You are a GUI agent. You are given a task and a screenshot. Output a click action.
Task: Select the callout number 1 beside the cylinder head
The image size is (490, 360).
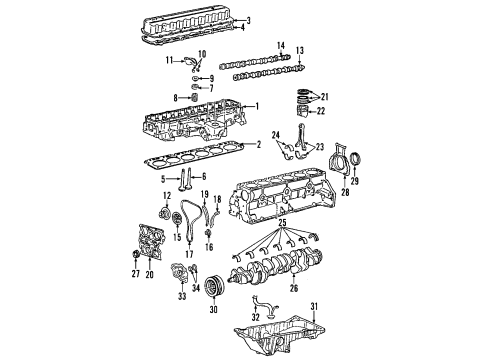click(x=256, y=107)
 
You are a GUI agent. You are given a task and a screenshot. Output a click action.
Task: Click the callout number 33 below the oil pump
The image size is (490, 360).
click(x=183, y=324)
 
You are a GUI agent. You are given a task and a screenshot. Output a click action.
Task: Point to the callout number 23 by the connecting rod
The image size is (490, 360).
click(x=320, y=147)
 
